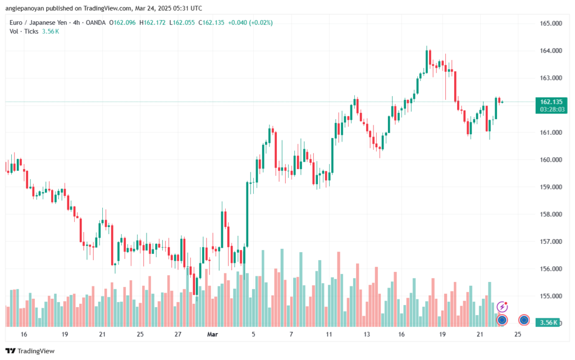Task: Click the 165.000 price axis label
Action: tap(551, 24)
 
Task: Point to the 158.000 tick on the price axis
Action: tap(551, 214)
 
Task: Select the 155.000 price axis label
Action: tap(551, 296)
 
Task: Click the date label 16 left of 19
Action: tap(24, 334)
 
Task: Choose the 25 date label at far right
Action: tap(518, 334)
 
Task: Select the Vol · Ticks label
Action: tap(23, 31)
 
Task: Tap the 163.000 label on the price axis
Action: tap(551, 78)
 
